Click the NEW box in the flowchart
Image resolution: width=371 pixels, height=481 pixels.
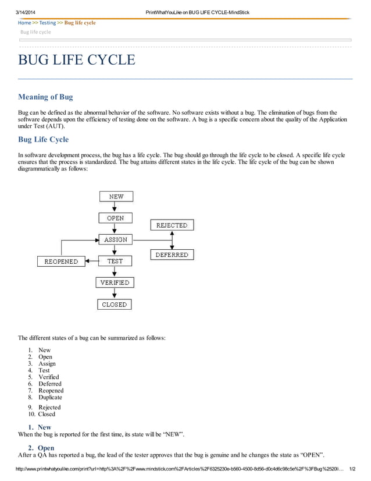116,196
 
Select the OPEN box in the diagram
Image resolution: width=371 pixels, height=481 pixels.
115,218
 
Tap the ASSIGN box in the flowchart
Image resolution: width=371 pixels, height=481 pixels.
115,239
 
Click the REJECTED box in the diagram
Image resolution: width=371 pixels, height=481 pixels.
172,225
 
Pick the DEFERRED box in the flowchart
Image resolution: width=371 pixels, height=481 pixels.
172,254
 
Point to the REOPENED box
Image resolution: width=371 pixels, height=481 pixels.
61,261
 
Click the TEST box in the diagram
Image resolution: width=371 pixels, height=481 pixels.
115,261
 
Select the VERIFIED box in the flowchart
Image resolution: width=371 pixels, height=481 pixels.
115,282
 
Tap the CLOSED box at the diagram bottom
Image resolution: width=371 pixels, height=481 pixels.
114,304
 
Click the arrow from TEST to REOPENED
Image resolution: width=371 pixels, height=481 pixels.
91,261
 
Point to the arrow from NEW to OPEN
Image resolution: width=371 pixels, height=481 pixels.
115,207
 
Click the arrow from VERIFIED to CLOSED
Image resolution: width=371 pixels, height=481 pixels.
115,293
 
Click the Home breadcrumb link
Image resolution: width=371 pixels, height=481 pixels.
24,23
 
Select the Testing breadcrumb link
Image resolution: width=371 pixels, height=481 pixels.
48,23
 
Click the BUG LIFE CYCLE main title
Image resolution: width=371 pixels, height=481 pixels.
77,60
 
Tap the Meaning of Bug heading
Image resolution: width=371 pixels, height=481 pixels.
45,97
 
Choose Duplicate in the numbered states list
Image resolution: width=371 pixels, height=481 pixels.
50,397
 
